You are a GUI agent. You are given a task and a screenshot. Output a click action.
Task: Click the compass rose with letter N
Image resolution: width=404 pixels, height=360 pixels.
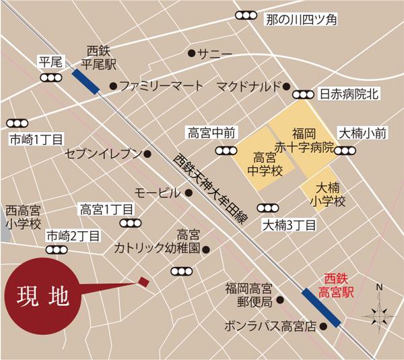378,313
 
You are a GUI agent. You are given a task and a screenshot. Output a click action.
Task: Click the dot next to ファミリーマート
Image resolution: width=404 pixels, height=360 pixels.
113,86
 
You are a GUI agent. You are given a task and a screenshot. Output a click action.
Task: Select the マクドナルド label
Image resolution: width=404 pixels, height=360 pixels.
247,86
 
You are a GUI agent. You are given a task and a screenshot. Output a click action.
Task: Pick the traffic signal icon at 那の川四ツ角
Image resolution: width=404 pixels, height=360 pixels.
246,16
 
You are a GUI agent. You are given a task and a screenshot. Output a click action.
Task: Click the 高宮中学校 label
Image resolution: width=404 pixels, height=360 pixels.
259,163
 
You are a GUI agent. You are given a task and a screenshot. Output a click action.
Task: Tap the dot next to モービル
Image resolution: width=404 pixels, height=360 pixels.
189,192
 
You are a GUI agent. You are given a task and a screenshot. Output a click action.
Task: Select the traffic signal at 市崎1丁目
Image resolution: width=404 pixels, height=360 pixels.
17,123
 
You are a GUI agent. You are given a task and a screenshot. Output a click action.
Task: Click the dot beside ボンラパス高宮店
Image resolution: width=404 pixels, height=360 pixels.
323,326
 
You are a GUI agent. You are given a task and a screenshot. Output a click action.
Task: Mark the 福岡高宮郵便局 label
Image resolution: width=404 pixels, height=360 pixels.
248,295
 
